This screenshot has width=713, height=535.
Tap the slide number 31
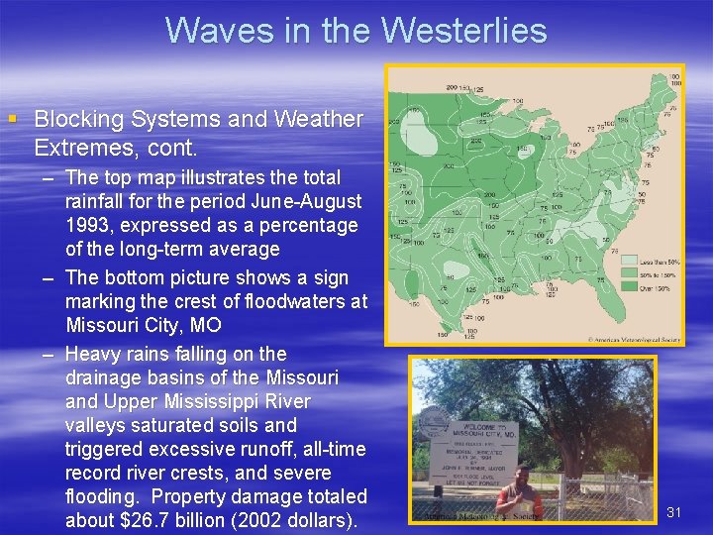[x=674, y=511]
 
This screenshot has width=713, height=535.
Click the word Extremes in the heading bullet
[x=74, y=149]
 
